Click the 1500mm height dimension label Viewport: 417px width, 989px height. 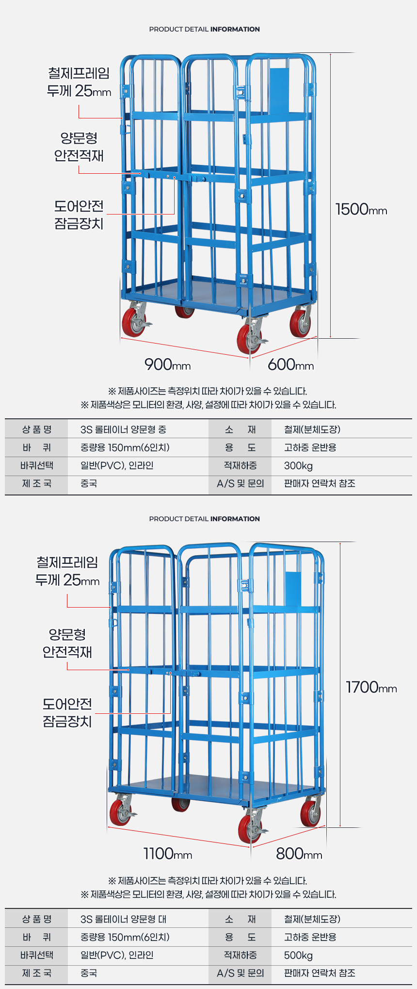pos(361,209)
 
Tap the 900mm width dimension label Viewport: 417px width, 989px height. pos(168,364)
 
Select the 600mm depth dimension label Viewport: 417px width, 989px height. pos(291,364)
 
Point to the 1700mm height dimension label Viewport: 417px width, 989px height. pos(371,687)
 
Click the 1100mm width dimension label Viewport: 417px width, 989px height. pos(168,853)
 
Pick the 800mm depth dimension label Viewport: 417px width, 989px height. pos(299,853)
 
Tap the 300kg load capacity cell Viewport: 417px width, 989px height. pos(298,466)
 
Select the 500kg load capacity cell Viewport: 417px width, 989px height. pos(298,956)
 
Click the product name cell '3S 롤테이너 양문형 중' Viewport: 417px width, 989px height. pos(123,429)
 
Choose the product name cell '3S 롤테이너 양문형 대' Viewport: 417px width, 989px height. pos(123,919)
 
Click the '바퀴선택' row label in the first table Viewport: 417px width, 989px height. pos(37,466)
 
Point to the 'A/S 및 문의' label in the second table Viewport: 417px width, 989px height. pos(241,973)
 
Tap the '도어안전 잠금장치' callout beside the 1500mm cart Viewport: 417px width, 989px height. pos(79,214)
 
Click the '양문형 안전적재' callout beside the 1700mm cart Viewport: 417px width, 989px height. pos(67,643)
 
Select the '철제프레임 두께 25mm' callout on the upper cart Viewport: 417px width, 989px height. pos(79,82)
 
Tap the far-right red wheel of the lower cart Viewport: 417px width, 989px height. pos(310,812)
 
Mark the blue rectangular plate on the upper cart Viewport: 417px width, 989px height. pos(279,90)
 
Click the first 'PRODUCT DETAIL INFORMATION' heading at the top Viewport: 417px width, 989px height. pos(205,29)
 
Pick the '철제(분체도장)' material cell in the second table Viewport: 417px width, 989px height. pos(312,919)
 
